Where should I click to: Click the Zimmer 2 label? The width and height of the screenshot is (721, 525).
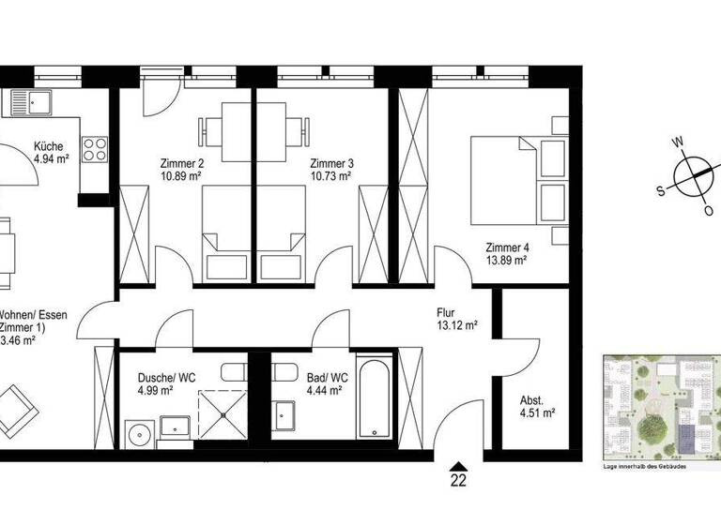pyautogui.click(x=180, y=161)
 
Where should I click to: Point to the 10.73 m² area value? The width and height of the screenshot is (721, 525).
pyautogui.click(x=330, y=175)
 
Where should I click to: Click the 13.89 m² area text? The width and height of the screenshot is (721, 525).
pyautogui.click(x=505, y=262)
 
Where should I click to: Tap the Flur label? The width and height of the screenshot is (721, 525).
pyautogui.click(x=446, y=313)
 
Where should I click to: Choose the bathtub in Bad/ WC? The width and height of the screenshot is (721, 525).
pyautogui.click(x=376, y=397)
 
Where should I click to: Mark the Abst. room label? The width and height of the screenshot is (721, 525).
pyautogui.click(x=530, y=397)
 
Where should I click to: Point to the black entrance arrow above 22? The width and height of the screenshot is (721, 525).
pyautogui.click(x=458, y=465)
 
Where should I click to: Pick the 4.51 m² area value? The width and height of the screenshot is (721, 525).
pyautogui.click(x=537, y=412)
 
